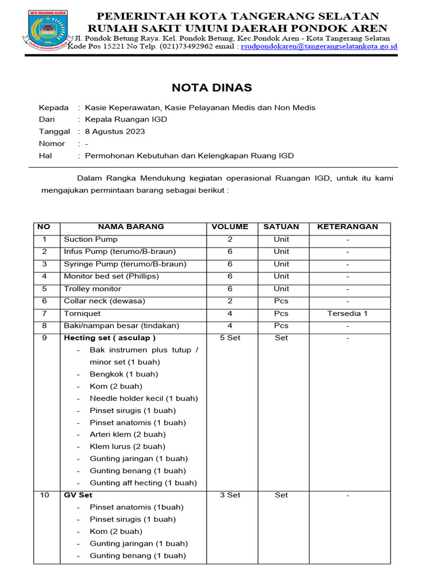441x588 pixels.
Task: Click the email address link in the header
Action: coord(319,46)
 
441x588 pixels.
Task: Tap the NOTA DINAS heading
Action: coord(212,88)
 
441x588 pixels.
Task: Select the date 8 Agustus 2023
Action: coord(115,131)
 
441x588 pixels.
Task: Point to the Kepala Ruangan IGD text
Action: coord(126,119)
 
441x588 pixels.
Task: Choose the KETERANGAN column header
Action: coord(347,227)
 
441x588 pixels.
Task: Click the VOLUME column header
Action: coord(230,227)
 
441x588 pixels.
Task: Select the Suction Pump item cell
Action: coord(91,239)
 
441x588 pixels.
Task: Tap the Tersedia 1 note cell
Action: coord(347,314)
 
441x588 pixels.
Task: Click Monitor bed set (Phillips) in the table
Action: coord(111,276)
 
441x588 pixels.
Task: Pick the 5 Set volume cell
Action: coord(230,338)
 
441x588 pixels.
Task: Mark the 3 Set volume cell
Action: coord(230,495)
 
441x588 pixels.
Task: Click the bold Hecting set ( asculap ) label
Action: coord(110,338)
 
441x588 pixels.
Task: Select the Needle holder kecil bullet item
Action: coord(144,399)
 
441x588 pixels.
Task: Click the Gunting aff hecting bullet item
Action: coord(143,483)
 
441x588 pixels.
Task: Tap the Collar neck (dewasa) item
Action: coord(105,301)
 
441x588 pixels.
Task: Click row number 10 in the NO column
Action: coord(44,495)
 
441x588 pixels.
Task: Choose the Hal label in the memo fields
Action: coord(45,156)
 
